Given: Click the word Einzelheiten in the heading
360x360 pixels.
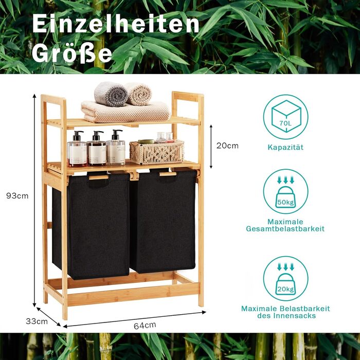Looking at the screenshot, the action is (x=116, y=24).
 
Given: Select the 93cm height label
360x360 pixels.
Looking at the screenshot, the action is (x=17, y=196).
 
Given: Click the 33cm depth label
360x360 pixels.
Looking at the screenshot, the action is (x=37, y=321).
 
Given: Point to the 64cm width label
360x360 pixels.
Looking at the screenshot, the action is (x=145, y=326).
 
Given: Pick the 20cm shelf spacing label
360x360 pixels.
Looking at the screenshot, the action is (x=227, y=146).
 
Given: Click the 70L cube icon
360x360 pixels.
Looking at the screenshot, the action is (x=286, y=118).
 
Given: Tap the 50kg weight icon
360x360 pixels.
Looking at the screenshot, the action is (x=285, y=192).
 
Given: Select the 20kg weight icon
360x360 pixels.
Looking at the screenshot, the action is (x=285, y=279).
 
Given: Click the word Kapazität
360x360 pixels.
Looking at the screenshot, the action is (x=285, y=147).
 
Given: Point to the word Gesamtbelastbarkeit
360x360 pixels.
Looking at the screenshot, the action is (x=285, y=229).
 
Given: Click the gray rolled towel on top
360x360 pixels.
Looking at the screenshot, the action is (x=111, y=94).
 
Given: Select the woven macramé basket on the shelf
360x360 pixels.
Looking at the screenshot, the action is (x=157, y=152).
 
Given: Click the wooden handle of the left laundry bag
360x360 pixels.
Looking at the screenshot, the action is (x=99, y=177).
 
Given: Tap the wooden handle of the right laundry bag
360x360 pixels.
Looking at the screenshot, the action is (x=168, y=174).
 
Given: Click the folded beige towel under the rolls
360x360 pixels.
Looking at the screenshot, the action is (x=125, y=112).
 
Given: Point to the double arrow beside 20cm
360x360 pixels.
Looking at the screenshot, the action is (x=211, y=147).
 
